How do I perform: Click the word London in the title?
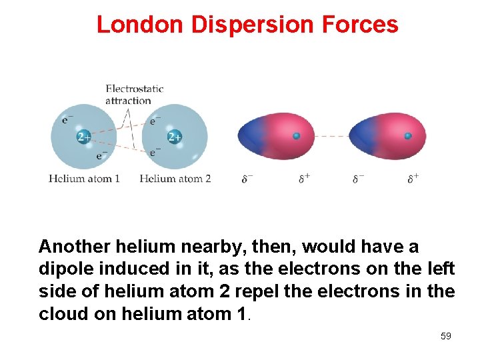(141, 25)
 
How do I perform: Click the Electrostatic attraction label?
(134, 94)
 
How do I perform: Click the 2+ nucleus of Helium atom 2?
(175, 137)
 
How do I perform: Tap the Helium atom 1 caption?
(85, 179)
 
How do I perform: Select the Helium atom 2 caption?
(175, 179)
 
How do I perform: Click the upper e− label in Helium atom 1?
(67, 120)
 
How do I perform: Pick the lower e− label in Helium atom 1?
(101, 155)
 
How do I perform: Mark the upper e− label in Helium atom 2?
(155, 121)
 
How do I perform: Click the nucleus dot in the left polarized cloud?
(297, 136)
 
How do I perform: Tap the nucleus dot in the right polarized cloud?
(408, 136)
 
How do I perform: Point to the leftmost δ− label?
(247, 179)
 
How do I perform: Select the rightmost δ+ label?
(413, 178)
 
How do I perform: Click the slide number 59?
(446, 336)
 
